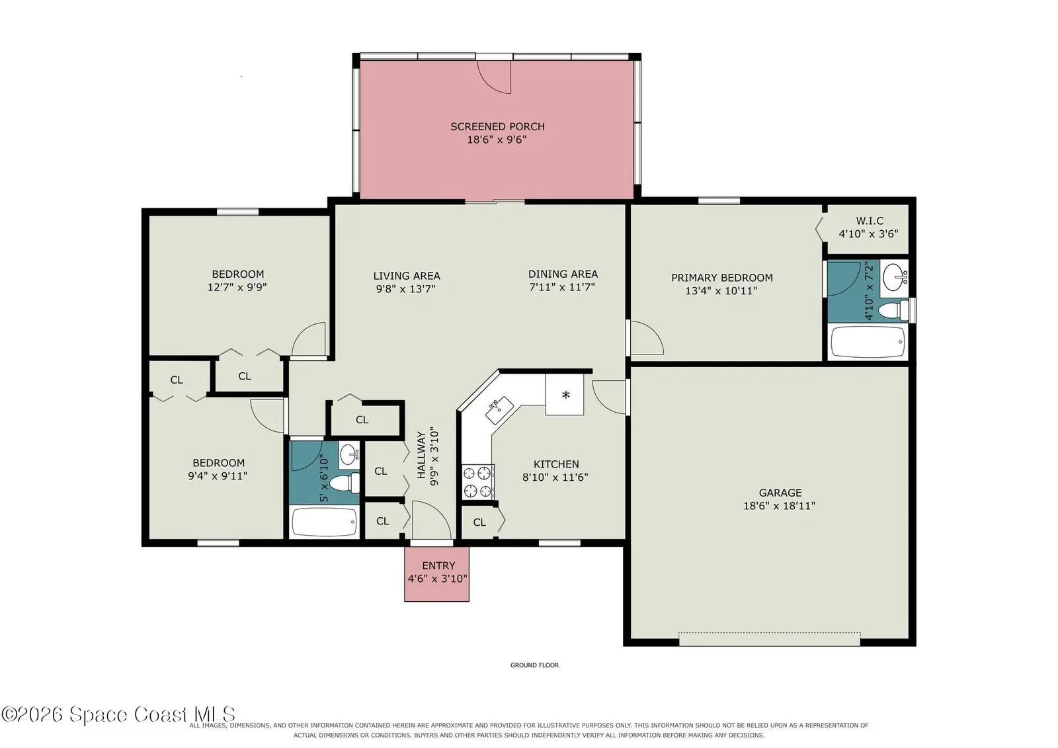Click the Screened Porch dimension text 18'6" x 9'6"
pyautogui.click(x=497, y=140)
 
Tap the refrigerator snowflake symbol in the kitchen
pyautogui.click(x=566, y=395)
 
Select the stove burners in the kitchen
pyautogui.click(x=477, y=481)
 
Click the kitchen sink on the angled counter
pyautogui.click(x=500, y=409)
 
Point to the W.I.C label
pyautogui.click(x=870, y=221)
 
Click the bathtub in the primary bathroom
pyautogui.click(x=868, y=342)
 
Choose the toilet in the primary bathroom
pyautogui.click(x=893, y=310)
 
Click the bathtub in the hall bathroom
pyautogui.click(x=325, y=522)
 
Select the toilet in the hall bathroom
pyautogui.click(x=345, y=483)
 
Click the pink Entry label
pyautogui.click(x=438, y=565)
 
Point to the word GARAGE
pyautogui.click(x=780, y=493)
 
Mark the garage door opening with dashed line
pyautogui.click(x=770, y=639)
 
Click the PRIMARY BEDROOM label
pyautogui.click(x=721, y=278)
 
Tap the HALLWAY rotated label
pyautogui.click(x=421, y=455)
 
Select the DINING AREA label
pyautogui.click(x=563, y=274)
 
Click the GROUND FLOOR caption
pyautogui.click(x=534, y=665)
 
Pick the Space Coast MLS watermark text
pyautogui.click(x=118, y=714)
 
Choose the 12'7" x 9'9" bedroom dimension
pyautogui.click(x=237, y=287)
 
